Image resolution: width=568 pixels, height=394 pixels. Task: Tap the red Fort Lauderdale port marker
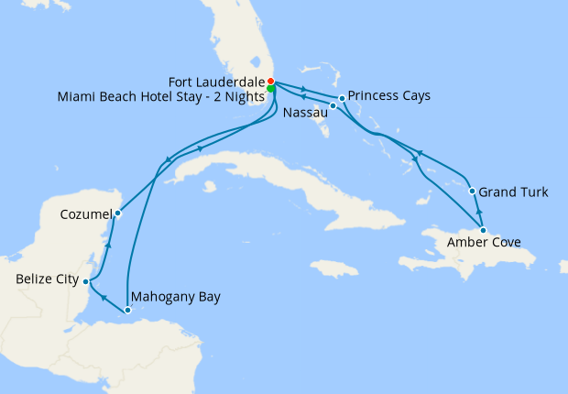tap(270, 81)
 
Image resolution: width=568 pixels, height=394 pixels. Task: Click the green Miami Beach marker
tap(272, 90)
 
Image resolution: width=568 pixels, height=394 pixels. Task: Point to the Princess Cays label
tap(390, 95)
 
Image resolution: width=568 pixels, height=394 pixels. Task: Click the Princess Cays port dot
tap(342, 97)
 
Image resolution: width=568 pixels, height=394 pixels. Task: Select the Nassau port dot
tap(333, 106)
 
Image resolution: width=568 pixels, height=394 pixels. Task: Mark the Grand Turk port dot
tap(472, 192)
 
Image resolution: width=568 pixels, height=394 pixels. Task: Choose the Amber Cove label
tap(485, 243)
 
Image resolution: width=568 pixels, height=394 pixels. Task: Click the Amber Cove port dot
tap(483, 229)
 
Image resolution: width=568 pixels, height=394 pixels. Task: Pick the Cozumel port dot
tap(117, 213)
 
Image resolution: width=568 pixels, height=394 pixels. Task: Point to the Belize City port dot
tap(86, 281)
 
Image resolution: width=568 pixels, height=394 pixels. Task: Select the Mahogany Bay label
tap(176, 297)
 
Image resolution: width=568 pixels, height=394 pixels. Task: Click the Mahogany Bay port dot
tap(128, 310)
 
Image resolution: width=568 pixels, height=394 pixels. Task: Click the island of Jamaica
tap(333, 268)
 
